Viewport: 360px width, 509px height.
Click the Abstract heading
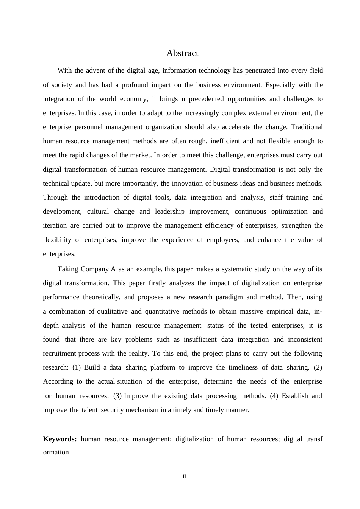click(x=182, y=53)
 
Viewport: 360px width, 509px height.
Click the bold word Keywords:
click(x=60, y=439)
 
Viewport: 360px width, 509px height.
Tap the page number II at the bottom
click(x=185, y=476)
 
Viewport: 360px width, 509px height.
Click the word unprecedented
click(x=203, y=99)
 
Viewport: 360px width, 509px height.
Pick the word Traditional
click(x=307, y=127)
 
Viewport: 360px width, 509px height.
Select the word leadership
click(x=170, y=211)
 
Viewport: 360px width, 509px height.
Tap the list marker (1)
click(x=76, y=367)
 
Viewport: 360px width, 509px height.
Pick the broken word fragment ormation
click(x=56, y=452)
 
